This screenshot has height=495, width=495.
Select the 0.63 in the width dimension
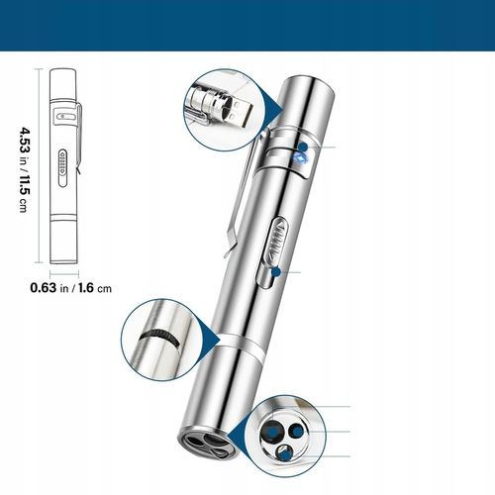(43, 289)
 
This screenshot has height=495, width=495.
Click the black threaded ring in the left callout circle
(155, 340)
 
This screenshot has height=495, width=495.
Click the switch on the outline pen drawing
(62, 164)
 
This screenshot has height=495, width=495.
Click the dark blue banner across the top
(247, 24)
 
